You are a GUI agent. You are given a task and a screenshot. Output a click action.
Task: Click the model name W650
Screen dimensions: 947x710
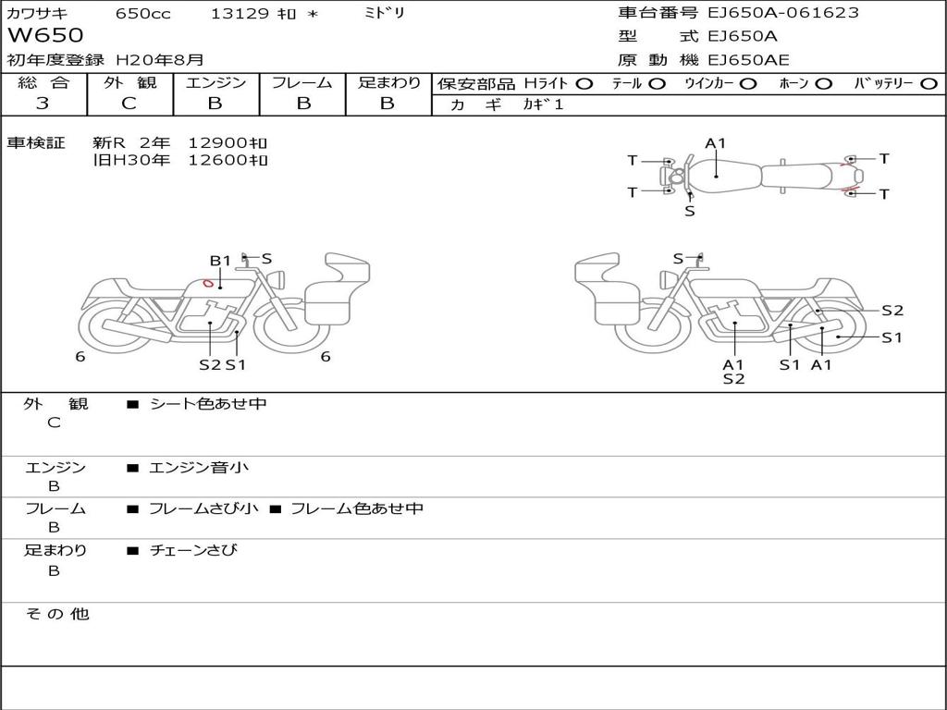click(x=45, y=36)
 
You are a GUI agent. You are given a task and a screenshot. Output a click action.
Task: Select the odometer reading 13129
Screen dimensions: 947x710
click(x=240, y=14)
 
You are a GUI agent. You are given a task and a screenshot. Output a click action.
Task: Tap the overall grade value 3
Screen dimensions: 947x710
click(x=43, y=104)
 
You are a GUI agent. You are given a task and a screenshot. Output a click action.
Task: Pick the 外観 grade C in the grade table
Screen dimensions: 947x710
click(x=129, y=104)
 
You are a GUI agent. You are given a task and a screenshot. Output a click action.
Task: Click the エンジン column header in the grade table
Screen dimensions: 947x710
click(x=215, y=83)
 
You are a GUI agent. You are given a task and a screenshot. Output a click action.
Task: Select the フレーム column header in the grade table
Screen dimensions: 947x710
click(x=301, y=83)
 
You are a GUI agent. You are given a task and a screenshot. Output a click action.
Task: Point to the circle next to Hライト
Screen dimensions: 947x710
click(x=584, y=84)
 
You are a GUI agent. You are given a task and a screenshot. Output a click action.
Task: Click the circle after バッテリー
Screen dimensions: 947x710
click(x=929, y=84)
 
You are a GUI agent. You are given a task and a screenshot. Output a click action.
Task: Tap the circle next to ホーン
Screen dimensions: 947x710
click(x=823, y=84)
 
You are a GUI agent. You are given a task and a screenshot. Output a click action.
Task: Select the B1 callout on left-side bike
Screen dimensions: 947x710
click(x=219, y=261)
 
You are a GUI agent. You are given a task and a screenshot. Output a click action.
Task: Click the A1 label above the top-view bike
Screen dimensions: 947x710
click(x=716, y=143)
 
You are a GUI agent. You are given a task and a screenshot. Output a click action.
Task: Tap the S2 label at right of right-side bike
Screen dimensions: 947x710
click(x=892, y=311)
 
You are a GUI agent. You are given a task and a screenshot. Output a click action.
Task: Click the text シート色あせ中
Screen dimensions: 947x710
click(x=208, y=404)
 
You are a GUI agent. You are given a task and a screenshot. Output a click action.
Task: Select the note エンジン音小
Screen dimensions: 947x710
click(x=199, y=468)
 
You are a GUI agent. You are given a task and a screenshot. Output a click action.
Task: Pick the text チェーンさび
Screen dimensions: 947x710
click(x=193, y=550)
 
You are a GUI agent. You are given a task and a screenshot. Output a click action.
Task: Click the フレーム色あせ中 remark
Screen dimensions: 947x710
click(x=357, y=508)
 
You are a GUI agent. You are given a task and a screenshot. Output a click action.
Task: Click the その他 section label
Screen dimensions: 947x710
click(x=56, y=614)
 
